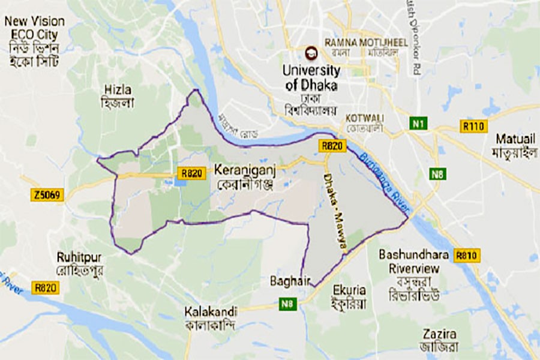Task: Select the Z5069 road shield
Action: pos(47,195)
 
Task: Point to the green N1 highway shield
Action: pos(418,124)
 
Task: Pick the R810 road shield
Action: pos(466,255)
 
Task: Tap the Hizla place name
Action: pos(116,89)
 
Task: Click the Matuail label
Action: pos(515,139)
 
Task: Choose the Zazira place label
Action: pos(440,334)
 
